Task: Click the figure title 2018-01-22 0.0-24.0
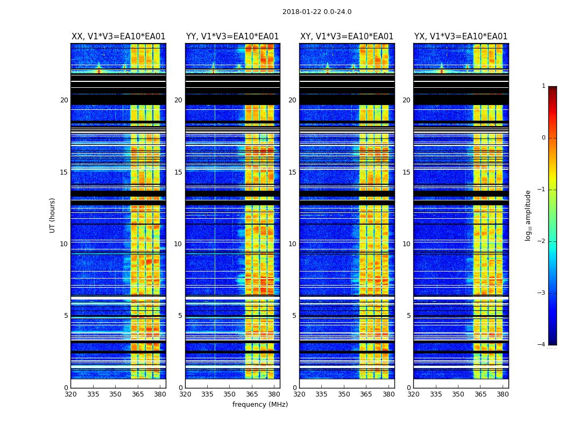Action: click(317, 12)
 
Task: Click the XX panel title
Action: click(118, 37)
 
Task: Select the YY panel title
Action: click(232, 37)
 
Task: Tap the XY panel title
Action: click(347, 37)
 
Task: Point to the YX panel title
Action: click(461, 37)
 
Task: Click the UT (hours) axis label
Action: click(53, 215)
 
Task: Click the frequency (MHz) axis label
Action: click(260, 405)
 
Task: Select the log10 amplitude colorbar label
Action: click(528, 215)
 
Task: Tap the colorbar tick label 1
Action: click(543, 86)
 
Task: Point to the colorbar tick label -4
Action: click(542, 345)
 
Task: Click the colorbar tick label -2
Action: click(542, 241)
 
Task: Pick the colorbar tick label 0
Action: click(543, 138)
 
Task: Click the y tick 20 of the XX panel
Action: click(64, 100)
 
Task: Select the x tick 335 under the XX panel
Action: click(93, 394)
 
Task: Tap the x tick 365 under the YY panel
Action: click(252, 394)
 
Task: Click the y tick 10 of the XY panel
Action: click(292, 244)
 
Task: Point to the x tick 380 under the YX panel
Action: click(503, 394)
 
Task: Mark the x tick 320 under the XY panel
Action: click(299, 394)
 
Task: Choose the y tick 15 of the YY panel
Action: click(178, 172)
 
